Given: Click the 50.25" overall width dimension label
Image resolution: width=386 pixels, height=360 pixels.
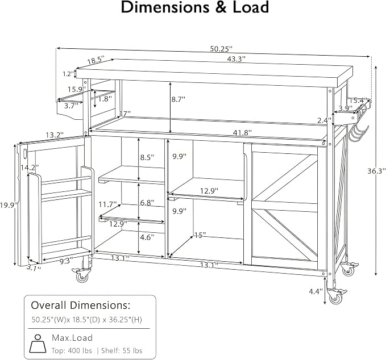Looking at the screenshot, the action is click(221, 49).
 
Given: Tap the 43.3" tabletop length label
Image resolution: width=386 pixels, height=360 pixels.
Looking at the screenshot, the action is click(236, 59).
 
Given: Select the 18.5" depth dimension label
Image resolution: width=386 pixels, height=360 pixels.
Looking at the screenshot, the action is click(96, 60).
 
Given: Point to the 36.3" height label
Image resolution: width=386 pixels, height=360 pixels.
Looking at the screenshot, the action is click(376, 171).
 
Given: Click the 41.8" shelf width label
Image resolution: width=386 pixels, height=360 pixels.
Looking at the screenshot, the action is click(243, 133).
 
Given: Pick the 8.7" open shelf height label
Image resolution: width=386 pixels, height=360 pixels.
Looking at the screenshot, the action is click(179, 99).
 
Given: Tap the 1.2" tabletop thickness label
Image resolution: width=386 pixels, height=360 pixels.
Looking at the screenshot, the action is click(68, 74).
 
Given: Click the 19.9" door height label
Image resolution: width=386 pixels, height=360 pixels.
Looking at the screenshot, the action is click(9, 205).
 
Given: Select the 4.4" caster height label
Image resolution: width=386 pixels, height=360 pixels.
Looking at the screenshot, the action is click(316, 292).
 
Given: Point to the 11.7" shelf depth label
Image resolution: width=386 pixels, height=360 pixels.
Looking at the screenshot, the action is click(107, 204).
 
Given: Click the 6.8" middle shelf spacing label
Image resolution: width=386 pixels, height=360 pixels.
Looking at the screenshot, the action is click(147, 203).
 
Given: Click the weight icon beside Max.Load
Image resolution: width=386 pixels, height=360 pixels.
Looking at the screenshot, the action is click(38, 344).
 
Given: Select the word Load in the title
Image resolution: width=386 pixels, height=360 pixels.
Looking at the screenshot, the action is click(251, 7).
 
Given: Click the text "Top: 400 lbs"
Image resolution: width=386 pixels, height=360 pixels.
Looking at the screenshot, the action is click(72, 351).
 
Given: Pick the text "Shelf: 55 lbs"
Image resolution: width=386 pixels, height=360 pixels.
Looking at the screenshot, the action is click(122, 351).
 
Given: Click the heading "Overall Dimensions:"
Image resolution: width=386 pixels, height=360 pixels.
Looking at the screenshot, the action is click(81, 305).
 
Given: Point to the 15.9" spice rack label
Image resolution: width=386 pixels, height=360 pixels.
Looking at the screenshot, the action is click(77, 89).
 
